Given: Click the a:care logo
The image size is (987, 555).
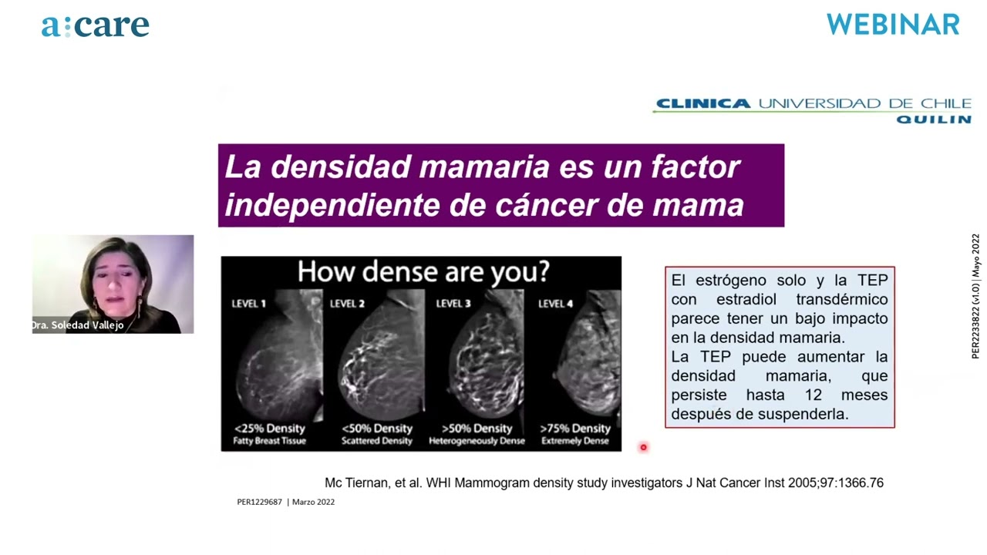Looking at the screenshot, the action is [x=95, y=26].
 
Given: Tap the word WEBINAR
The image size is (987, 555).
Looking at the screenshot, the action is [x=893, y=25].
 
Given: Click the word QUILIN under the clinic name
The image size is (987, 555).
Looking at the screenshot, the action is [x=934, y=119].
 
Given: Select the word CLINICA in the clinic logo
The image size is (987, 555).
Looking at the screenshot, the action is [x=703, y=103].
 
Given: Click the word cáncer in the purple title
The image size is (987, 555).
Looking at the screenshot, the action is [x=546, y=205].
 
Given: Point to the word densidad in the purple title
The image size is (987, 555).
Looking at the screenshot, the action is [x=341, y=167].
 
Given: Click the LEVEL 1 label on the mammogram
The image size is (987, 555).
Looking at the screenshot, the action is [x=249, y=304].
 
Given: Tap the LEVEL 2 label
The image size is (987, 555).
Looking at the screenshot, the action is [x=347, y=304].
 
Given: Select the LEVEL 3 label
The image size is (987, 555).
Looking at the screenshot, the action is [x=453, y=304].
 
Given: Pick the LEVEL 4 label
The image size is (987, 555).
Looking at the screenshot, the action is [x=556, y=304].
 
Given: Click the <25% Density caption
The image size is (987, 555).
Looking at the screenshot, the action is [x=270, y=428].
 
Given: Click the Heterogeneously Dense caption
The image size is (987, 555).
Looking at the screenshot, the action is [x=477, y=441].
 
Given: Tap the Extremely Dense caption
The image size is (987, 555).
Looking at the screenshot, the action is [x=575, y=441].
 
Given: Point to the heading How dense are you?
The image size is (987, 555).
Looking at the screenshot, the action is [x=423, y=272].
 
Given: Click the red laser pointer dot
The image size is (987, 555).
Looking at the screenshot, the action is [x=643, y=448].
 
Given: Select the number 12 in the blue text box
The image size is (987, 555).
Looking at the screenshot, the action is [x=814, y=395].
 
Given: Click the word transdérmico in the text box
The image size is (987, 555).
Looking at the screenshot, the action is [x=841, y=300].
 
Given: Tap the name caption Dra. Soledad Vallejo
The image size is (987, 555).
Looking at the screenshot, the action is [x=78, y=325].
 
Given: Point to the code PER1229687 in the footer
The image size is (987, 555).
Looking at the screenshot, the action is [x=260, y=502].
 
